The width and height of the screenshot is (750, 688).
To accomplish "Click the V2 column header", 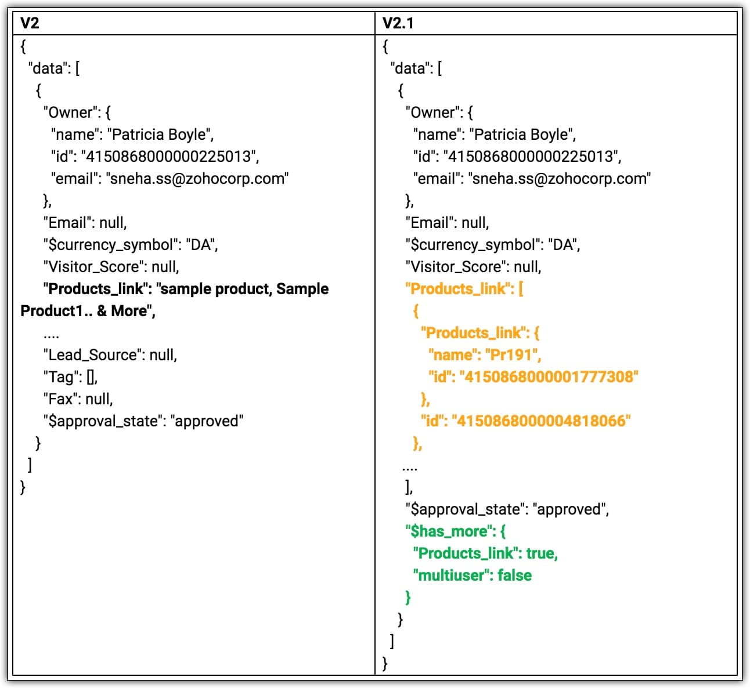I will [x=30, y=23].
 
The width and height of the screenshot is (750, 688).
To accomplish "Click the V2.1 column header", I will [x=398, y=23].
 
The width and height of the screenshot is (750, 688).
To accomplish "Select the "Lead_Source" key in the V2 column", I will [x=92, y=355].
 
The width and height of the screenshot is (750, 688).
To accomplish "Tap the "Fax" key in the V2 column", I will [x=60, y=399].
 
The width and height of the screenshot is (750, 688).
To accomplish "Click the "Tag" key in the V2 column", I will [x=62, y=377].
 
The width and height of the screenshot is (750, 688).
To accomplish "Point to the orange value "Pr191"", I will [x=512, y=355].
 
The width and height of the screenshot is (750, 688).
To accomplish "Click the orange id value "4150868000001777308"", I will [x=549, y=377].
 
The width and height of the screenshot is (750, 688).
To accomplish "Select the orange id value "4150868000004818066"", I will [x=541, y=421].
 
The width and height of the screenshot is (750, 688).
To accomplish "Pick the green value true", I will [x=540, y=553].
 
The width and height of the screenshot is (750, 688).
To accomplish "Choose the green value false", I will [x=514, y=575].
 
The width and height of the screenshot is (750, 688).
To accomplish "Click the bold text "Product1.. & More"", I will [x=87, y=311].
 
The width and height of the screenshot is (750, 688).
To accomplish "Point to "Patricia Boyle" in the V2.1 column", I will [x=522, y=135].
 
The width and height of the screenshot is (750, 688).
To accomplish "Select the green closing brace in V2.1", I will [x=408, y=597].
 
